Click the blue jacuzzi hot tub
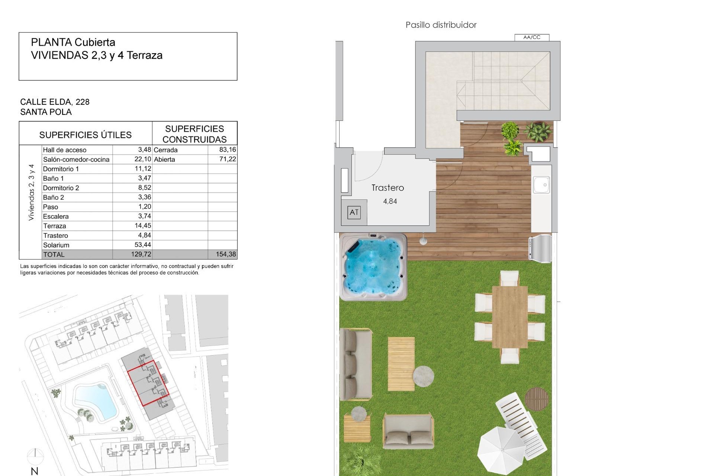(373, 267)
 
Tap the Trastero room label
(387, 188)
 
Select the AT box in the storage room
(354, 212)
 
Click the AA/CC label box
(531, 37)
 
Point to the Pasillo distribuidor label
(441, 25)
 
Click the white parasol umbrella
(501, 450)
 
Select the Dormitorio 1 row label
(61, 169)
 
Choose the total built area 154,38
(226, 254)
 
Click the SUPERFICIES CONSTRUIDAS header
(194, 134)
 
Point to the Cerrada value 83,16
(228, 149)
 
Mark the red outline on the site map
(148, 383)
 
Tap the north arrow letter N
(35, 471)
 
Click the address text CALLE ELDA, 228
(55, 102)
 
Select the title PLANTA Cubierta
(73, 42)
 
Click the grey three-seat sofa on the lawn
(356, 364)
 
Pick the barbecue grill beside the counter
(540, 246)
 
